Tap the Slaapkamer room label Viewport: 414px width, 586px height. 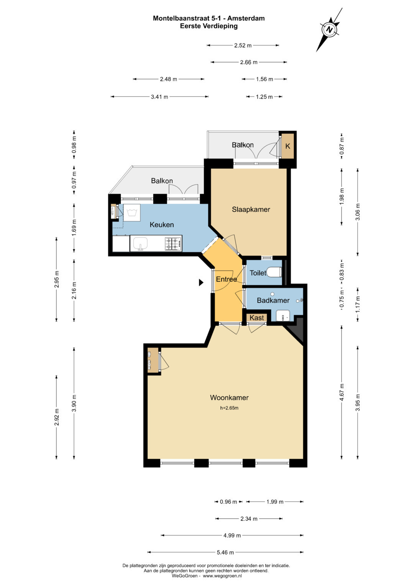pos(251,209)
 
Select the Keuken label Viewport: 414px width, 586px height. pos(161,224)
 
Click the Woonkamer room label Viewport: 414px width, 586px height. pos(229,397)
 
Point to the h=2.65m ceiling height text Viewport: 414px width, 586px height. pos(229,408)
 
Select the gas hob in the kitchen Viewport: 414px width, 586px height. pos(173,244)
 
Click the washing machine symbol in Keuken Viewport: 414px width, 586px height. pos(132,213)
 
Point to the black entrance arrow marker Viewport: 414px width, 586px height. pos(201,282)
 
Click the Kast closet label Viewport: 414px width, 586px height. pos(257,318)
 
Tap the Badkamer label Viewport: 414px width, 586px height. pos(273,300)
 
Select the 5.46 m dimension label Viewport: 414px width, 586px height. pos(225,552)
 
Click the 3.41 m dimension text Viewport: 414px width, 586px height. pos(159,97)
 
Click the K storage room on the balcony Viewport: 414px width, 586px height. pos(287,146)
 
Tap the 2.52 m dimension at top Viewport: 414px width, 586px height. pos(243,46)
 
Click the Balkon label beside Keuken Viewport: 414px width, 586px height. pos(162,180)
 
